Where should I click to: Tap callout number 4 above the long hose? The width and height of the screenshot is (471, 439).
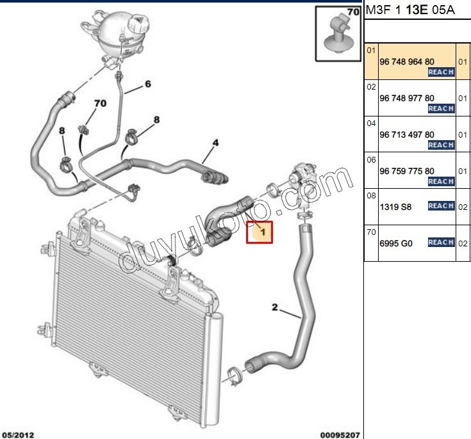coord(215,142)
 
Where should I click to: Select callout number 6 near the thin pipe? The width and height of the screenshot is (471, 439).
coord(147,84)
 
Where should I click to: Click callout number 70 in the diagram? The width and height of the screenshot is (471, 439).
coord(100,103)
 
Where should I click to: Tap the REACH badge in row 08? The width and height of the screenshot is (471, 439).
coord(441,206)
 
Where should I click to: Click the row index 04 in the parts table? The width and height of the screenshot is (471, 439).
coord(370,122)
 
